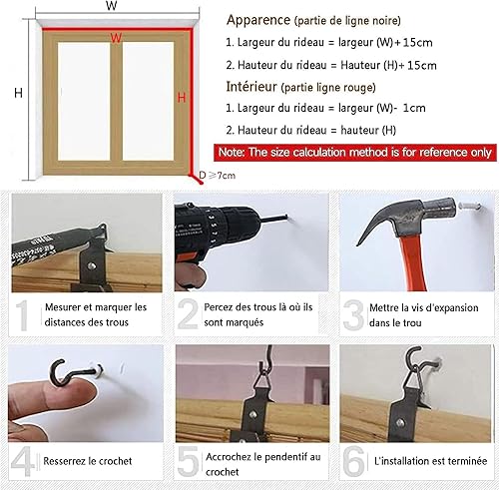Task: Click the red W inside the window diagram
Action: tap(116, 38)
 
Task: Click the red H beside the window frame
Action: tap(182, 98)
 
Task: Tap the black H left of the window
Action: tap(18, 93)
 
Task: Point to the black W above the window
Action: tap(112, 5)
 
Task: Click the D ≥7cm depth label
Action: tap(217, 175)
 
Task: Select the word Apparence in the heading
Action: tap(258, 20)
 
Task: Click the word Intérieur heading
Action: tap(251, 87)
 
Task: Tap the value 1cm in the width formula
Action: tap(414, 108)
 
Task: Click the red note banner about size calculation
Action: tap(355, 153)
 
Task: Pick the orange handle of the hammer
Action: tap(413, 261)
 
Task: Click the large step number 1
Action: tap(23, 315)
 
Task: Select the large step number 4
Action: tap(23, 461)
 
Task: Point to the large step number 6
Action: tap(353, 461)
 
